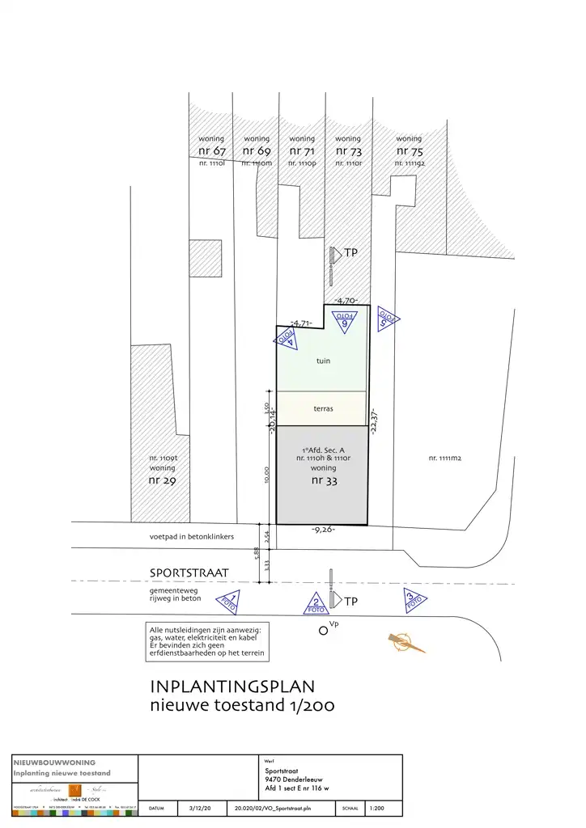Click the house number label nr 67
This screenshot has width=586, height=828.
click(211, 151)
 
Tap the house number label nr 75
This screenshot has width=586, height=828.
click(409, 151)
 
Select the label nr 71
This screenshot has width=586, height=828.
click(302, 151)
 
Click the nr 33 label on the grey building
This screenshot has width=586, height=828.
click(323, 481)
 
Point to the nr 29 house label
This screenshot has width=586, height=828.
click(162, 480)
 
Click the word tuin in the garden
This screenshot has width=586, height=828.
click(323, 361)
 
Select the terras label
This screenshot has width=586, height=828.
click(323, 409)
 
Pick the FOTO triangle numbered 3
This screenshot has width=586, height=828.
click(414, 600)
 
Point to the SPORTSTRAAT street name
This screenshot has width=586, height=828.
click(189, 573)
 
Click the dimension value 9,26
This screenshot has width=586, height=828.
click(323, 530)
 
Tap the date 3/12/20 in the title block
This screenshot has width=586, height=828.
click(199, 807)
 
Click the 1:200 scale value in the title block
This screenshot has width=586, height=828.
click(377, 807)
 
